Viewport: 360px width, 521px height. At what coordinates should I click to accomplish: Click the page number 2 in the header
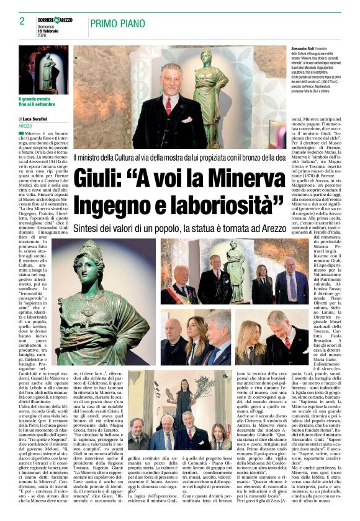[x=22, y=20]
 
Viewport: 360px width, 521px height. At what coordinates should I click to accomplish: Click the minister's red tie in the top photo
[x=168, y=105]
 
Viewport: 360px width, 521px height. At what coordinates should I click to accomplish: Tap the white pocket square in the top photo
[x=186, y=119]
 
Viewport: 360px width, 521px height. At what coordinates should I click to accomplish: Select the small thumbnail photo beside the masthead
[x=43, y=69]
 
